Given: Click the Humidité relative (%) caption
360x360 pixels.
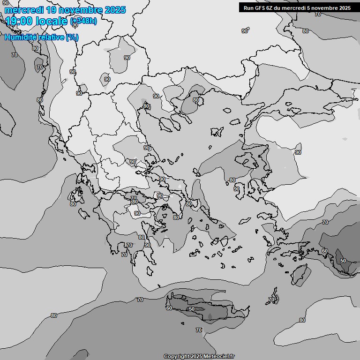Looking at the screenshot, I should pos(41,37).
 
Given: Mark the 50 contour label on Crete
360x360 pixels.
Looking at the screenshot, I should pos(191,309).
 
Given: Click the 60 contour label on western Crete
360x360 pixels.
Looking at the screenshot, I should pos(169,308).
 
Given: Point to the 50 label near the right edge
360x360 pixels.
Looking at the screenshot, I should pos(343,261).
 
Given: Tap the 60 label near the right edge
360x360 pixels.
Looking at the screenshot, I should pos(324,251).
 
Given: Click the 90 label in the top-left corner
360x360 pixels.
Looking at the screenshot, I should pos(5,3).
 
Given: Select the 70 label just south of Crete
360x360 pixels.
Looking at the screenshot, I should pos(199,330).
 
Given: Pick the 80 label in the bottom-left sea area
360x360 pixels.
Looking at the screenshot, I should pos(53,315).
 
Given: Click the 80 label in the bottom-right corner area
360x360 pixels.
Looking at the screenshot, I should pos(302,320).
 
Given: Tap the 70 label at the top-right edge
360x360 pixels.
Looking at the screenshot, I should pos(318,14).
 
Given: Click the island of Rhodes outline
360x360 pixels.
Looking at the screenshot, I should pos(300,275).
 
